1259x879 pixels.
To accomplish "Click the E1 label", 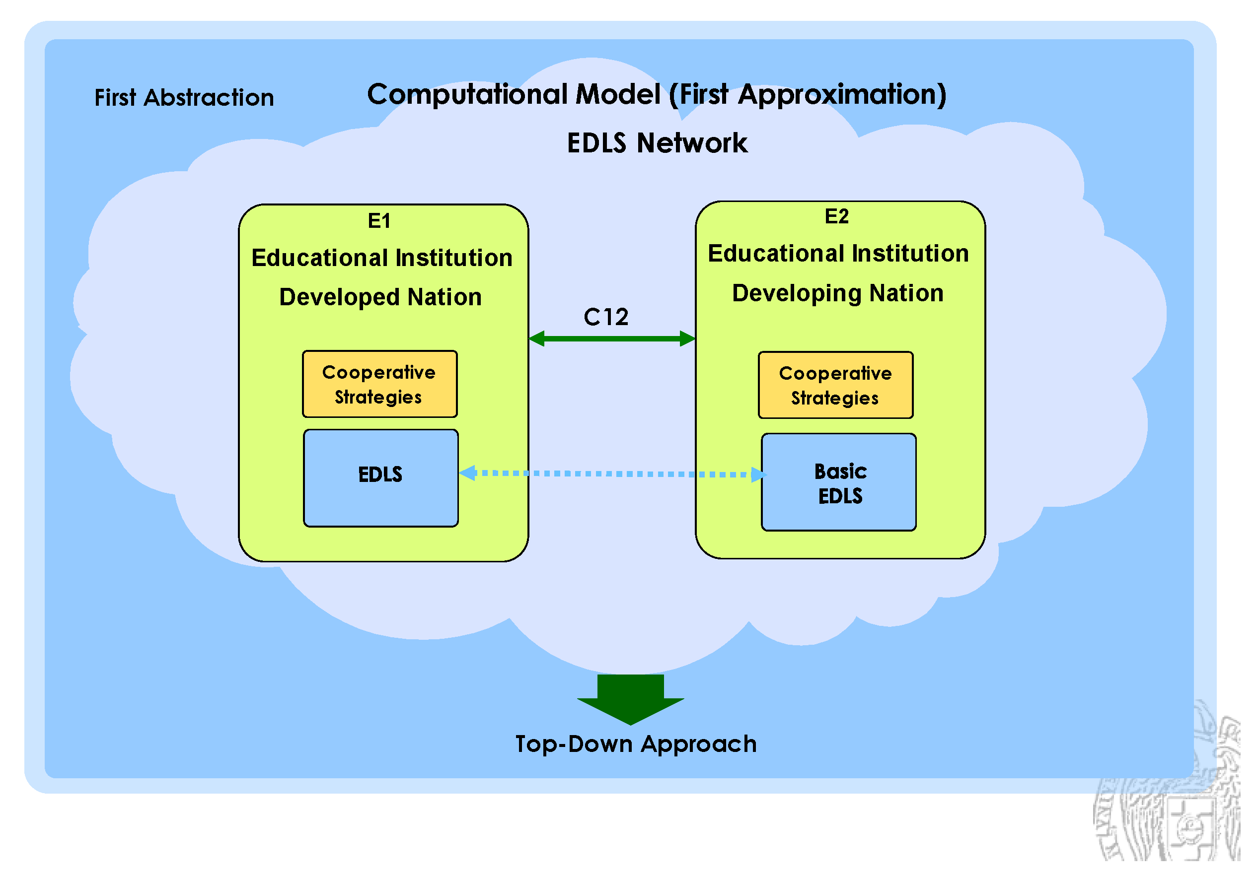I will [x=379, y=221].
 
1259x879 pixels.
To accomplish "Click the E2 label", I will [x=837, y=216].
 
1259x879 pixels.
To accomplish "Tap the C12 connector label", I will [x=606, y=317].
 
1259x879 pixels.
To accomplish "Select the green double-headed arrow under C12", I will [x=612, y=338].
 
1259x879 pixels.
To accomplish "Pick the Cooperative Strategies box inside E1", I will [x=379, y=384].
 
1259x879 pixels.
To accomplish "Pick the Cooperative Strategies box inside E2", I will [x=836, y=385].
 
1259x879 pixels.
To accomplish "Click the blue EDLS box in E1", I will [x=380, y=478].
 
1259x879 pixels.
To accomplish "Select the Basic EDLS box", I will [x=839, y=482].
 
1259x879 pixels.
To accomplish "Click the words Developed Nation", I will [x=380, y=297].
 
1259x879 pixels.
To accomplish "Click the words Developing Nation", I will [x=838, y=293].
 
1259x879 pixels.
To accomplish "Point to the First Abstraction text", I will [x=184, y=98].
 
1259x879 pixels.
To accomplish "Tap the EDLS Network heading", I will [x=657, y=143].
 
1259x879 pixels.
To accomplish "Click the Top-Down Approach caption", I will [x=636, y=744].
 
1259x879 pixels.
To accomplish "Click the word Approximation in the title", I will [x=842, y=95].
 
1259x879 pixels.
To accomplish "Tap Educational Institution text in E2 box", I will [x=838, y=254].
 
